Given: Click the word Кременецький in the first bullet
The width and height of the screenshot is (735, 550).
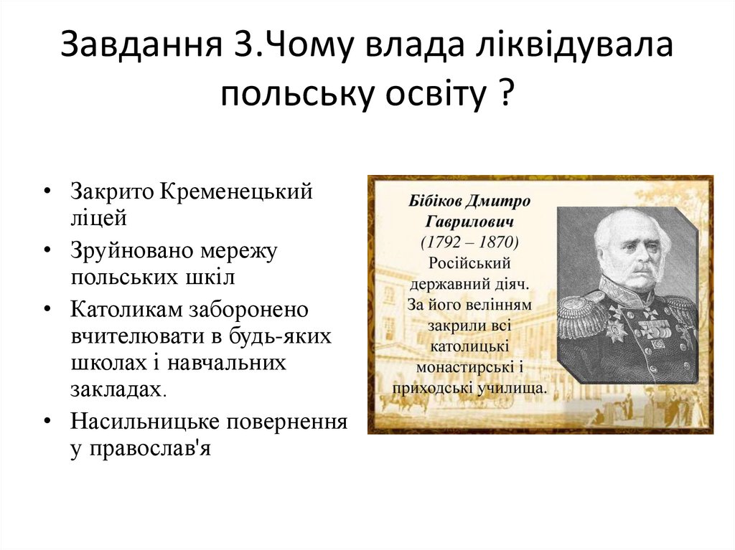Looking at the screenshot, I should [237, 192].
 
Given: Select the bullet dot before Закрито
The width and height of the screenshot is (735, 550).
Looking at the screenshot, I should [47, 193].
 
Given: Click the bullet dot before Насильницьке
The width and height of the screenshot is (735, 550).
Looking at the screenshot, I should [47, 420].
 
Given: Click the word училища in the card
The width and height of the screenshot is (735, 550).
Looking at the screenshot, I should [515, 388].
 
